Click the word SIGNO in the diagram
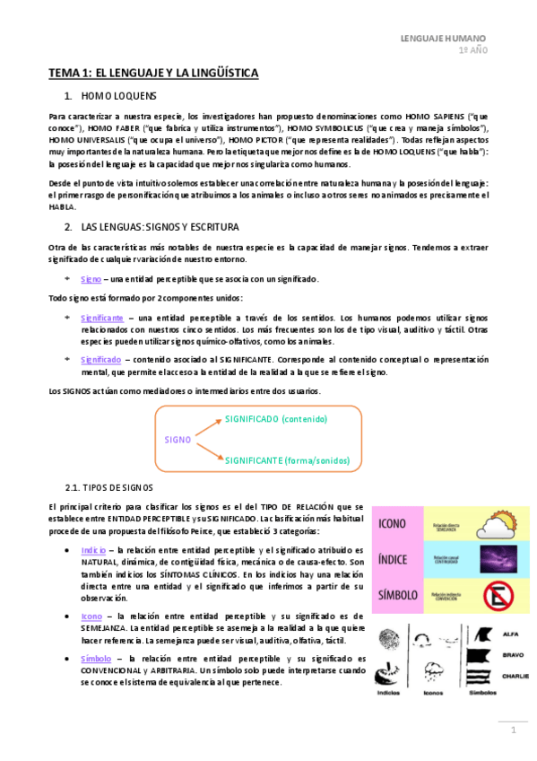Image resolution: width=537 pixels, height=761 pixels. coord(178,440)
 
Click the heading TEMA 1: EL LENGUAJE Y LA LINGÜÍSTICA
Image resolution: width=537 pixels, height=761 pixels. coord(153,71)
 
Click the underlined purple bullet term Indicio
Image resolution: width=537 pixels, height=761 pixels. coord(93,549)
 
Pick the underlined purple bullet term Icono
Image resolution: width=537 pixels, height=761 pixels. coord(91,617)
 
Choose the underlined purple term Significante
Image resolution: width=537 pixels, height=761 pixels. coord(102,318)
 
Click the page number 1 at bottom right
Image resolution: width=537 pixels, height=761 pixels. coord(515,730)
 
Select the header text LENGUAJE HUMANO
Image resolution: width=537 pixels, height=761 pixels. coord(443,39)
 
